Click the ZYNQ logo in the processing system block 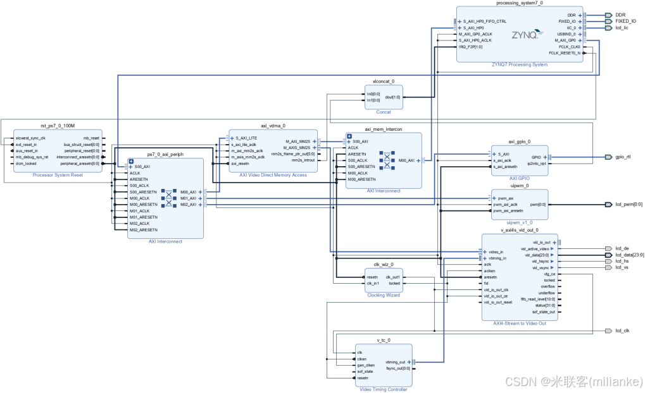point(527,34)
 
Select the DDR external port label point(620,15)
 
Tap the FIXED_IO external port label point(625,21)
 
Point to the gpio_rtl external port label point(623,157)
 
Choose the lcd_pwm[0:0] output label point(628,205)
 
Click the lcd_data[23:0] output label point(629,255)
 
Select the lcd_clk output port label point(622,330)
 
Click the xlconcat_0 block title point(384,82)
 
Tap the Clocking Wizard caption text point(384,295)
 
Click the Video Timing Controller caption point(383,389)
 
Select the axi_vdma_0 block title point(273,126)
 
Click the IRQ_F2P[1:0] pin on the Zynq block point(472,47)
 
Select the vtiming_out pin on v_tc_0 point(395,362)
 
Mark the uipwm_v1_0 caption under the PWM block point(519,222)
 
